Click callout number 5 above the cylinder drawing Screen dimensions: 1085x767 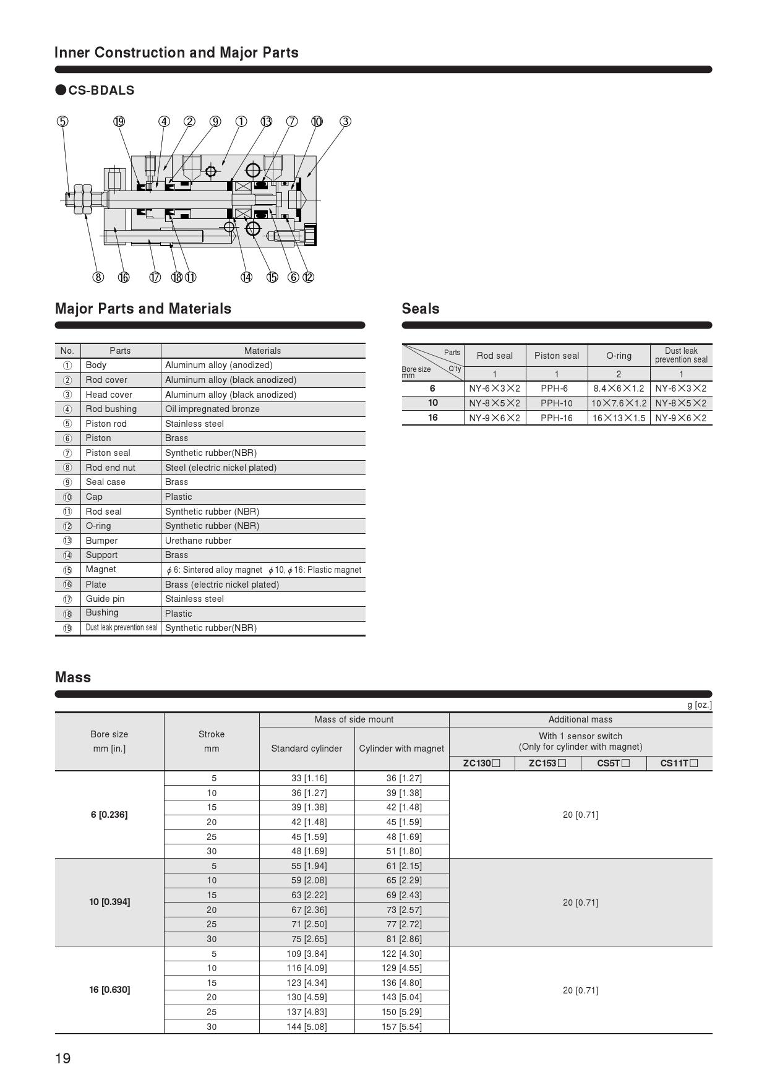62,121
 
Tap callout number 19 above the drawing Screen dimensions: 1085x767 119,121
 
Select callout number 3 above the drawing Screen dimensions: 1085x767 345,121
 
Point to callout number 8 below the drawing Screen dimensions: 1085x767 98,277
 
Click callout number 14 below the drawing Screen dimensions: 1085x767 246,277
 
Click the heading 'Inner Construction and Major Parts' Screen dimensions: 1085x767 176,53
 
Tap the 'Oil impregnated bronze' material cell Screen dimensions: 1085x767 212,409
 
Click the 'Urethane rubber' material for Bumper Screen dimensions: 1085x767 198,541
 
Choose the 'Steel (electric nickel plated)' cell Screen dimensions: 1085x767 220,468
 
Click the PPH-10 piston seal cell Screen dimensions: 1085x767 556,403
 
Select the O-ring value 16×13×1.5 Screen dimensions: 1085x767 619,418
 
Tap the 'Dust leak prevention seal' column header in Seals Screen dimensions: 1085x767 681,355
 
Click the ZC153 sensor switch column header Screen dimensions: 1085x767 547,763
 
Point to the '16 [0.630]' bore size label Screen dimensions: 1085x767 109,990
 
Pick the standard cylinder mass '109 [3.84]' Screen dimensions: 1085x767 307,954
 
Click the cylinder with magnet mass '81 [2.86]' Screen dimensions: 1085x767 401,939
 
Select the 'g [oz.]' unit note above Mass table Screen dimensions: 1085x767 699,705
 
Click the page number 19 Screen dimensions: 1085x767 63,1058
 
